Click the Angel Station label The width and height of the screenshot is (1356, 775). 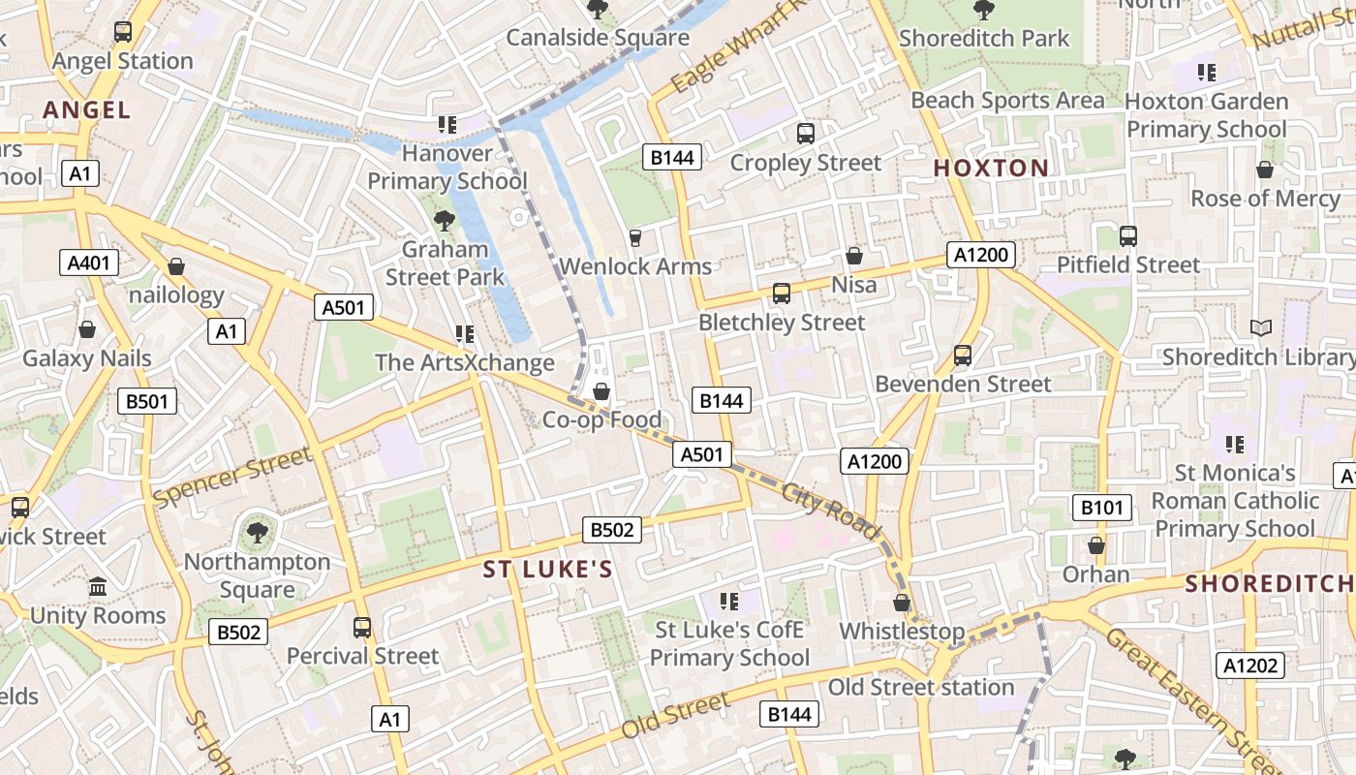click(x=123, y=61)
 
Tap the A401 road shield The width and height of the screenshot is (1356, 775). click(x=89, y=263)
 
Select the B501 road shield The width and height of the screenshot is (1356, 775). click(x=147, y=401)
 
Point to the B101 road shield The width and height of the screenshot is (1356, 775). click(x=1101, y=507)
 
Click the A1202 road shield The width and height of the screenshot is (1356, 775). click(x=1250, y=666)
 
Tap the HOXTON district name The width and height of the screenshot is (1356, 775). click(x=991, y=168)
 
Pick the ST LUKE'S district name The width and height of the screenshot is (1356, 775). click(x=548, y=569)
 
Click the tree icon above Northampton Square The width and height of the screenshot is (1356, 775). click(x=258, y=532)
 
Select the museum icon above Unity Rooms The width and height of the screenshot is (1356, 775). click(x=98, y=587)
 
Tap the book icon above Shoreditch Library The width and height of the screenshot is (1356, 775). click(x=1260, y=328)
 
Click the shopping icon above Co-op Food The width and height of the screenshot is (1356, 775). click(x=601, y=391)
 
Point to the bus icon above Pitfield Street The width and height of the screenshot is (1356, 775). click(x=1127, y=235)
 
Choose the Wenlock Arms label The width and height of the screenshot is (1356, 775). click(x=635, y=266)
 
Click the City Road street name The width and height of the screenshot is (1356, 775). click(x=831, y=511)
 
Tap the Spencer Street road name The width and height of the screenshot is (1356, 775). click(x=232, y=476)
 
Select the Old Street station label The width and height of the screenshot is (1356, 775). click(x=920, y=688)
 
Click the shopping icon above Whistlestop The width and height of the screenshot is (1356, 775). click(x=902, y=603)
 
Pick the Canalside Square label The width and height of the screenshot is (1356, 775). click(x=598, y=38)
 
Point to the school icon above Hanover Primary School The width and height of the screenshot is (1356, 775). click(x=447, y=124)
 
